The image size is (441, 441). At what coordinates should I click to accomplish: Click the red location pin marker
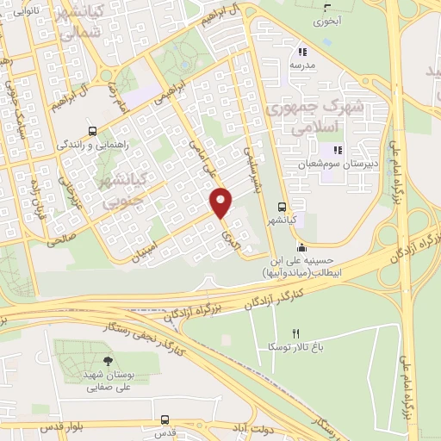[x=222, y=202]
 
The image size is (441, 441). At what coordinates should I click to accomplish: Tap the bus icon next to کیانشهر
[x=283, y=207]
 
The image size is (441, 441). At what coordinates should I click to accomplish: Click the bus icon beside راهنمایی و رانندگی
[x=92, y=132]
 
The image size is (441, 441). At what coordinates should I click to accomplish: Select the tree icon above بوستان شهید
[x=107, y=362]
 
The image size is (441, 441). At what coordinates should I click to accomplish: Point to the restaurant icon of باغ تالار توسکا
[x=296, y=332]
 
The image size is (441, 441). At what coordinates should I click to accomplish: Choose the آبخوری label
[x=326, y=18]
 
